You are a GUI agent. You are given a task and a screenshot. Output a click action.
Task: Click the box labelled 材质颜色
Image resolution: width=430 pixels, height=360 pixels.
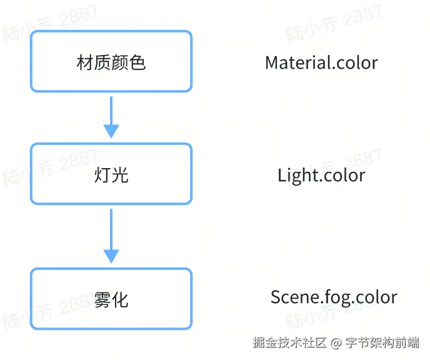point(111,61)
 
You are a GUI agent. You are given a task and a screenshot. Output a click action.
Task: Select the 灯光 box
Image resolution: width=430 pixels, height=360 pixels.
point(111,174)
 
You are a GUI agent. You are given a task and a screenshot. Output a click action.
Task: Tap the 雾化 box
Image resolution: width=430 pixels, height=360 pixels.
point(111,298)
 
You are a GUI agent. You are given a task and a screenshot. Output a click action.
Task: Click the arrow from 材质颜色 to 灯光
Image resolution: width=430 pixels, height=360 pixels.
point(111,112)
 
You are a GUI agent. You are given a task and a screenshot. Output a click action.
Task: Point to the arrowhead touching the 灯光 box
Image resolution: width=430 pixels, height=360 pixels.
point(111,131)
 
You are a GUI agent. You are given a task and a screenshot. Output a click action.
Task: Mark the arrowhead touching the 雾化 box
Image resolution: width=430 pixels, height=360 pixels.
point(111,256)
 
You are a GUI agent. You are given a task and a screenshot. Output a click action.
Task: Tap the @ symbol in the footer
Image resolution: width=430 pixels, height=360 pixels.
point(336,343)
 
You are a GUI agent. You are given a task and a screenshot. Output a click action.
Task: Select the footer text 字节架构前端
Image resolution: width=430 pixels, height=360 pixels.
point(382,342)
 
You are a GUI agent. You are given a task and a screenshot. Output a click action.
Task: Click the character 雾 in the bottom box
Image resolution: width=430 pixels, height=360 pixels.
point(102,299)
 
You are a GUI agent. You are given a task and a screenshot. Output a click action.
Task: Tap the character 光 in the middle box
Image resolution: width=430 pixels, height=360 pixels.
point(120,174)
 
